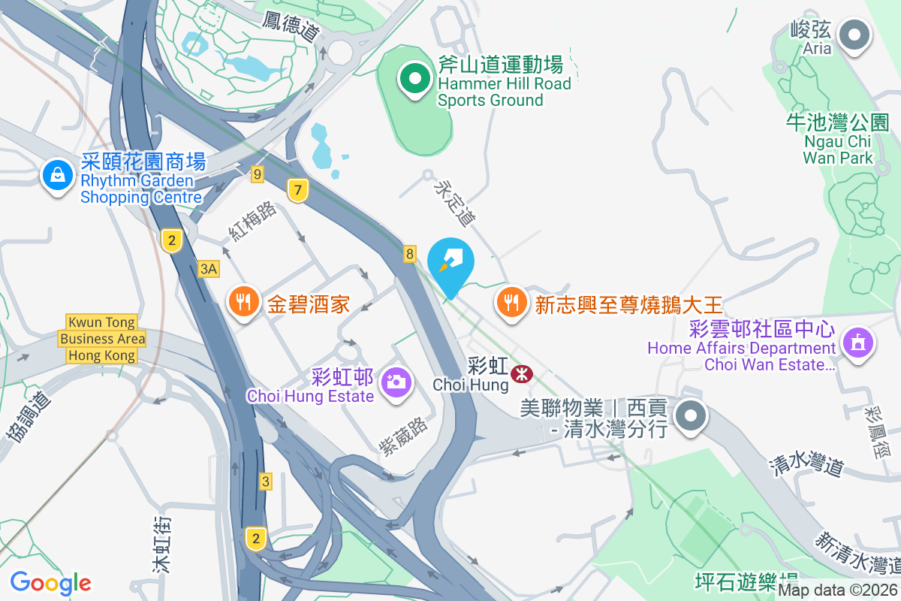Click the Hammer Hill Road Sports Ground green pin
click(x=414, y=77)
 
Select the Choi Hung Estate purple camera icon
click(x=395, y=381)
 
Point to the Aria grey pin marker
click(x=853, y=35)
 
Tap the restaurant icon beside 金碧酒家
click(x=242, y=303)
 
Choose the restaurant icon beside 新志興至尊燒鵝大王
click(x=512, y=303)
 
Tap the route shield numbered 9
click(x=258, y=174)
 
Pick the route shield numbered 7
click(x=298, y=191)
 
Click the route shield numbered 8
click(x=410, y=254)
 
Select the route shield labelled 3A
click(x=209, y=268)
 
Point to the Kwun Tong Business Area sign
click(x=102, y=340)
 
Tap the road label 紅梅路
click(x=253, y=221)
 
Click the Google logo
click(x=50, y=582)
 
